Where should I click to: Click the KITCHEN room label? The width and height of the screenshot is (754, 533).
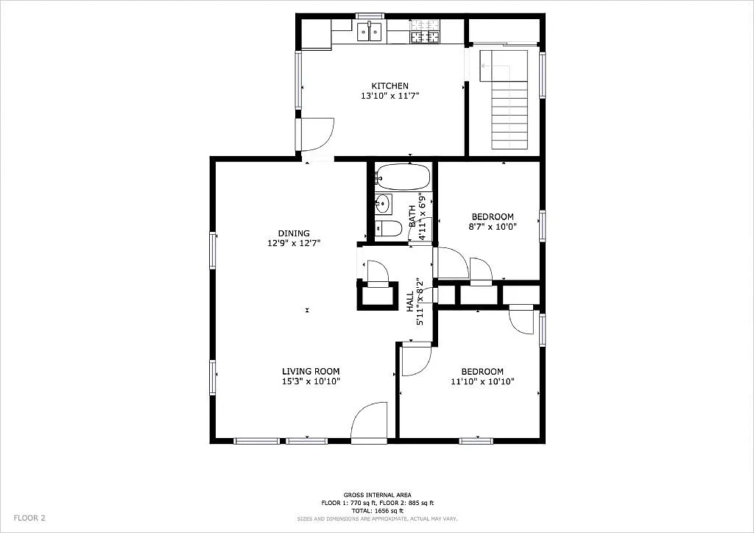tap(390, 86)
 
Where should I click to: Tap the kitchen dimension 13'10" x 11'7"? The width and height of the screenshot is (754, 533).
tap(390, 96)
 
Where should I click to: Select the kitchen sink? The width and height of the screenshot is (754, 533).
tap(370, 32)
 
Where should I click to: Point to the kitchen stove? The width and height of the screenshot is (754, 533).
tap(425, 32)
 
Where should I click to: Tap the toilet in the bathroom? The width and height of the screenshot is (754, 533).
tap(388, 229)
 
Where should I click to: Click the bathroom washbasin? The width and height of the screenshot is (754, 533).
tap(384, 203)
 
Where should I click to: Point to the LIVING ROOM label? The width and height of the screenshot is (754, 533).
tap(311, 372)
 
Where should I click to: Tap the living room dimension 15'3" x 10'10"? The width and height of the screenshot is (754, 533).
tap(311, 381)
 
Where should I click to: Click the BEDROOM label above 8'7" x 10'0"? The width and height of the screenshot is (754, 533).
tap(493, 216)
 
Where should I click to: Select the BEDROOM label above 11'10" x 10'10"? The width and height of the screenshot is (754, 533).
tap(482, 372)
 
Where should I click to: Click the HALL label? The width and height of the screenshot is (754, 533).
tap(410, 301)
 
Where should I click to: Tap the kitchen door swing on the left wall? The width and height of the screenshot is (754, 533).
tap(318, 134)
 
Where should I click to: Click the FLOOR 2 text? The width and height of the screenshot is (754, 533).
tap(29, 518)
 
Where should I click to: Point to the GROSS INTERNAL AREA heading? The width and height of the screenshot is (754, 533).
tap(377, 495)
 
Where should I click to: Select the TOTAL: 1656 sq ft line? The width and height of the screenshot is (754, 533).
tap(377, 510)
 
